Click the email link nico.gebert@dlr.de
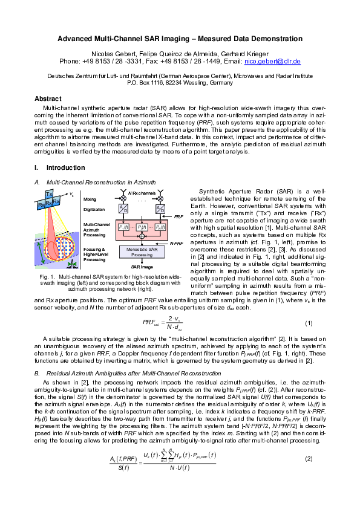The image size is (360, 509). pos(275,62)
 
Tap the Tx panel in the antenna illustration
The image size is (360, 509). pos(48,193)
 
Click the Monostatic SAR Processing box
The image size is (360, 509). pos(142,252)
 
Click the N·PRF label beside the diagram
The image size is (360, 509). pos(176,244)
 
